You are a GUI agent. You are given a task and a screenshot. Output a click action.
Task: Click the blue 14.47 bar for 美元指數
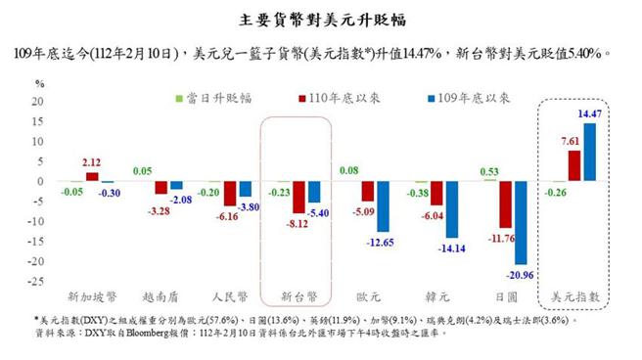click(x=587, y=153)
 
